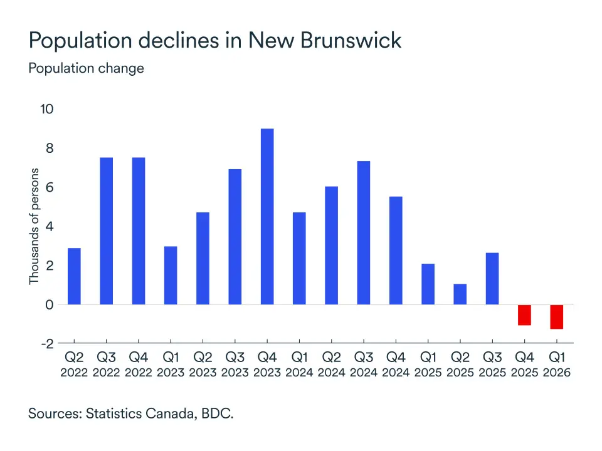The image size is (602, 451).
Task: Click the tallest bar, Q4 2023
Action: click(267, 217)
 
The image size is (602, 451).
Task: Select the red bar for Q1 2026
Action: click(557, 317)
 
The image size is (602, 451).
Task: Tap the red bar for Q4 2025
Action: click(524, 315)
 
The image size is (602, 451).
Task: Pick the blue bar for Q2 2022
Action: click(74, 276)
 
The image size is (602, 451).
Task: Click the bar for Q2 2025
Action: click(460, 294)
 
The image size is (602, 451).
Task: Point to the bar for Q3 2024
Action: click(364, 233)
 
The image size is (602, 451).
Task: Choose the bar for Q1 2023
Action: click(171, 276)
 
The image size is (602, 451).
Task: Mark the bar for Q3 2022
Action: click(107, 231)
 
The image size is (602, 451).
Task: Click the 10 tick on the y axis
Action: click(47, 109)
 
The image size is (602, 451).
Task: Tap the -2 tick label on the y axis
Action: click(47, 344)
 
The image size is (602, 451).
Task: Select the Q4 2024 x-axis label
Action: click(396, 365)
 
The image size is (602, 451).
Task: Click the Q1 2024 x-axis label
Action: click(299, 365)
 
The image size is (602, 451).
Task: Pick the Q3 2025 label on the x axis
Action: click(492, 365)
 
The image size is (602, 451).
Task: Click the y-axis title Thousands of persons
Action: click(34, 226)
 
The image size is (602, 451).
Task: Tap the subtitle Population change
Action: click(86, 68)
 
